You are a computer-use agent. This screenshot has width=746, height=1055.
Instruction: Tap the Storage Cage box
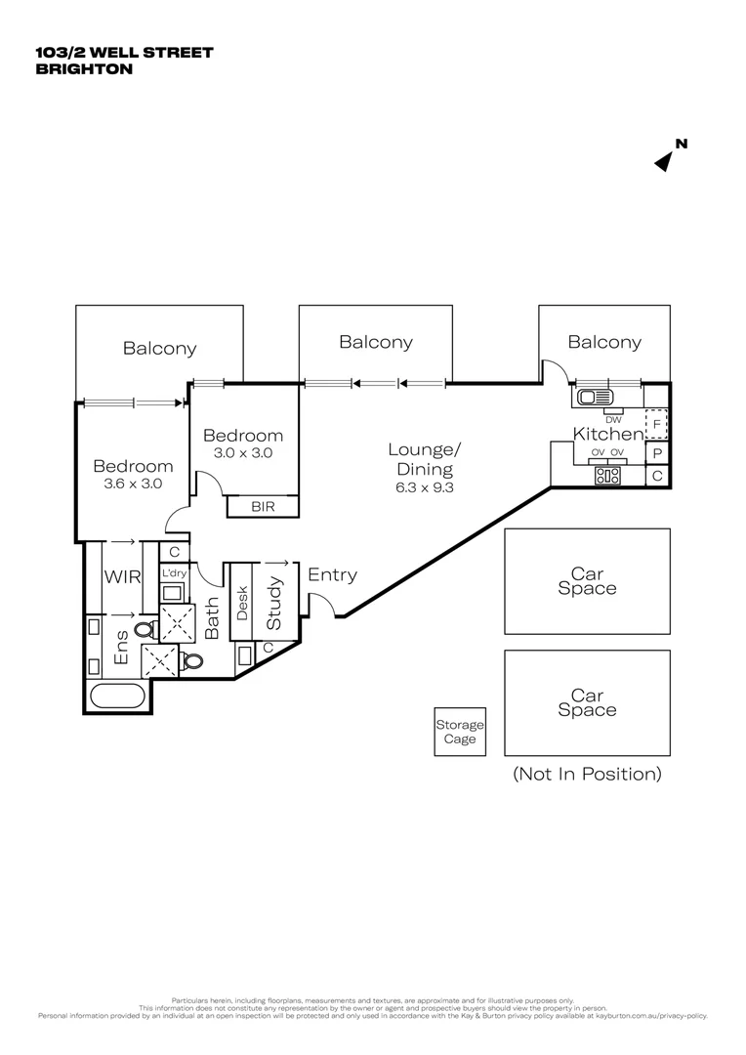coord(460,732)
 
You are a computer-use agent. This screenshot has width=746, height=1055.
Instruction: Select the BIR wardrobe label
coord(263,506)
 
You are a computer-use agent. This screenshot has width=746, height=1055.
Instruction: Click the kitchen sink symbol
coord(593,398)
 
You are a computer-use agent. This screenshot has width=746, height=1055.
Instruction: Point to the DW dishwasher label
coord(613,419)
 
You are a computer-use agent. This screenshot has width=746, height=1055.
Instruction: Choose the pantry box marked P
coord(657,453)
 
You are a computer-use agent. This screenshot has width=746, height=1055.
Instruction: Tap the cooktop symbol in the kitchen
coord(608,477)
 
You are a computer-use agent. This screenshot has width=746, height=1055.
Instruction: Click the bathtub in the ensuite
coord(117,696)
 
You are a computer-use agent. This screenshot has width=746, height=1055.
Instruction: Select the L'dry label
coord(173,573)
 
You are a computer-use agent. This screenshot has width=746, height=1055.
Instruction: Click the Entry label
coord(332,575)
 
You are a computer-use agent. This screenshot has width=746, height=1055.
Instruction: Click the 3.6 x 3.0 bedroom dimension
coord(133,483)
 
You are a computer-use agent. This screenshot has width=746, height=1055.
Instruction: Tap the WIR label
coord(123,576)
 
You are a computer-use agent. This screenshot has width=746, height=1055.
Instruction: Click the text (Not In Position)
coord(587,774)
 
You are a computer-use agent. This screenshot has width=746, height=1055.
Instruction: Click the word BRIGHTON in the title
coord(83,69)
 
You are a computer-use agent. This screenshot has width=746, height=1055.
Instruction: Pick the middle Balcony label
coord(375,342)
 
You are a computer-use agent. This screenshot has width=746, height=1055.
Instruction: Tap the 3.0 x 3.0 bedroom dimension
coord(243,452)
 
